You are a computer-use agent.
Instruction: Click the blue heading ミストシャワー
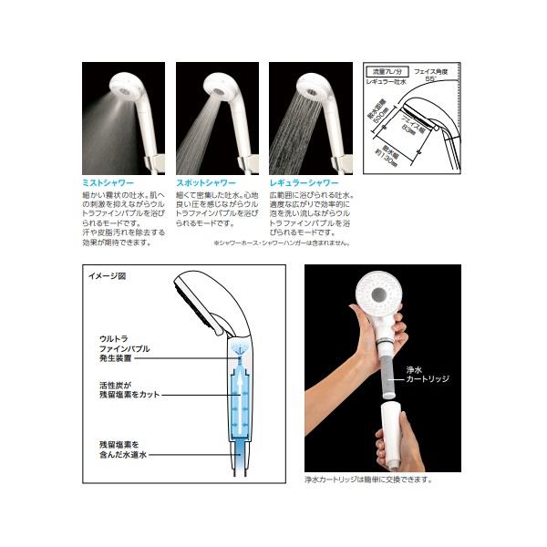[110, 182]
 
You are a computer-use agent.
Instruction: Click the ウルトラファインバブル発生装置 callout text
[124, 348]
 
